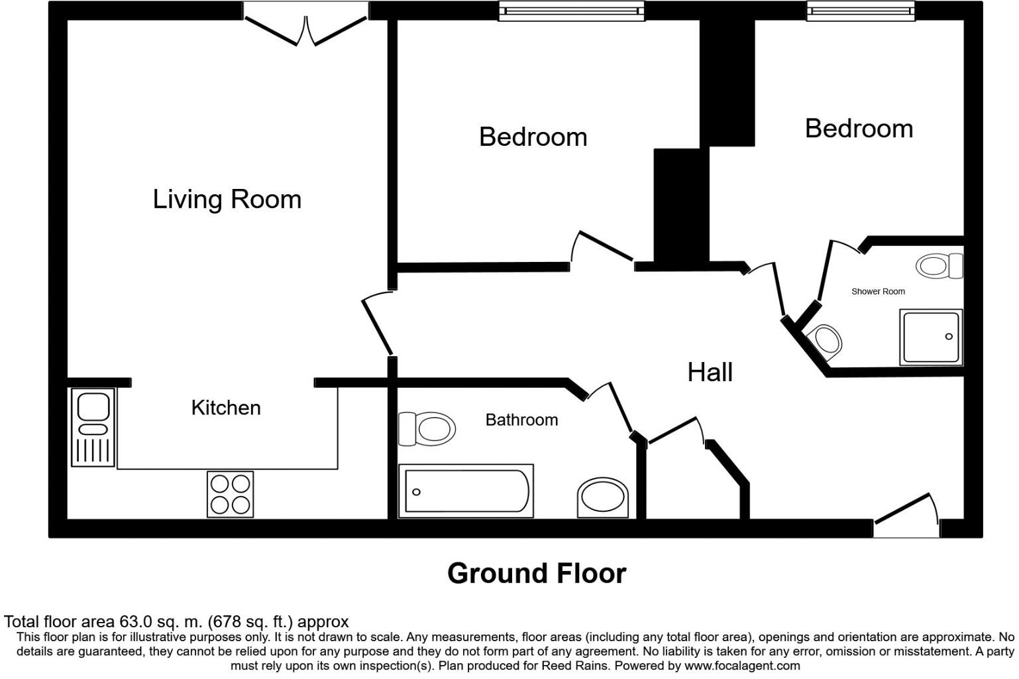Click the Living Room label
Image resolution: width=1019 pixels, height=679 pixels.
click(x=227, y=199)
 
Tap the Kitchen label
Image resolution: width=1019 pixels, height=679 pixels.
click(x=226, y=407)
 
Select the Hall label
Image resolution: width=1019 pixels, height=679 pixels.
click(x=710, y=372)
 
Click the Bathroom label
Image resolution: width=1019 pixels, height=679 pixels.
click(x=521, y=420)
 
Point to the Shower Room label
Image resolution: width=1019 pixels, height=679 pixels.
click(x=878, y=291)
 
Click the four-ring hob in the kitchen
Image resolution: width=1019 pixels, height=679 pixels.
click(x=231, y=494)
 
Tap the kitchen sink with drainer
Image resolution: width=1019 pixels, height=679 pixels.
click(x=93, y=427)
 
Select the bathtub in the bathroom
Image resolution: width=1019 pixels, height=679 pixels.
click(x=466, y=491)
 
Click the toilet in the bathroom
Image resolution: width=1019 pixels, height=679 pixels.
click(x=427, y=428)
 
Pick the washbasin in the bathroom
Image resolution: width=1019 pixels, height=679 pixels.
click(x=602, y=498)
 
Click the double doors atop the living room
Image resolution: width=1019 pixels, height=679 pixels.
click(x=305, y=27)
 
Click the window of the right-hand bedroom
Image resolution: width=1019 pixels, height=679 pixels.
click(x=860, y=11)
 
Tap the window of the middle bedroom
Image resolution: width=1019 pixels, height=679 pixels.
click(x=571, y=11)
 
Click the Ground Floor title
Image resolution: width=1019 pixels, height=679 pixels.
click(x=537, y=574)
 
